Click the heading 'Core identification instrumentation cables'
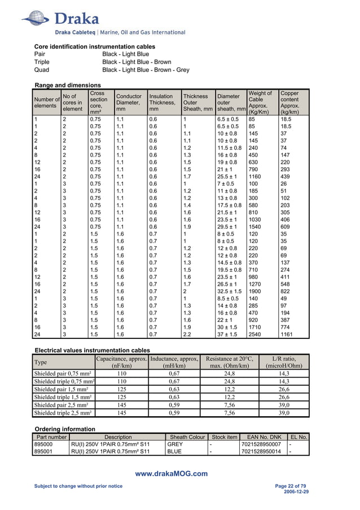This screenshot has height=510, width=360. (95, 46)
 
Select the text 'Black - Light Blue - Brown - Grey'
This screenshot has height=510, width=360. (146, 70)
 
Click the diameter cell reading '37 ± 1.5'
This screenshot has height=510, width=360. (229, 334)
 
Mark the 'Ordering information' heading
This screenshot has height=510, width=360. (64, 429)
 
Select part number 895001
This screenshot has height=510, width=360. (43, 452)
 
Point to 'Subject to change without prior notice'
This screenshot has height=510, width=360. (78, 486)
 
